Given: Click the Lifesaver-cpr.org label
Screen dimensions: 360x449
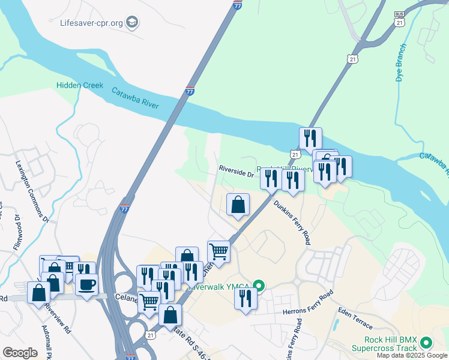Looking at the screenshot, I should pyautogui.click(x=91, y=23).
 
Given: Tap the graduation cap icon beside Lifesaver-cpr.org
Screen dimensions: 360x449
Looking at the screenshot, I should pyautogui.click(x=133, y=23).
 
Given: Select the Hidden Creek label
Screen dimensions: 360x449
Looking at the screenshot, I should pyautogui.click(x=80, y=86).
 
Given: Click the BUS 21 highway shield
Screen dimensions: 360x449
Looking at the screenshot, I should pyautogui.click(x=400, y=17).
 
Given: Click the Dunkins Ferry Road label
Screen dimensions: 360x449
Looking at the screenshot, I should pyautogui.click(x=292, y=222).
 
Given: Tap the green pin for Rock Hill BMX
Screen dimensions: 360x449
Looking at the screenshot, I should pyautogui.click(x=426, y=343).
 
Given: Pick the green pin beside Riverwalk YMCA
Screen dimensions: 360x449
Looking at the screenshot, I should pyautogui.click(x=259, y=286).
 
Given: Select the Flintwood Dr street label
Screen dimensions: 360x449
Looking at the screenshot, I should pyautogui.click(x=14, y=228).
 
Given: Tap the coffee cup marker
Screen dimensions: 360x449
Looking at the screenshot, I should pyautogui.click(x=86, y=284).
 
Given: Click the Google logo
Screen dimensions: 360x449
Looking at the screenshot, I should pyautogui.click(x=20, y=353).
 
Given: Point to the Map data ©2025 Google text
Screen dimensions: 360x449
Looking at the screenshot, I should pyautogui.click(x=412, y=355).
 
